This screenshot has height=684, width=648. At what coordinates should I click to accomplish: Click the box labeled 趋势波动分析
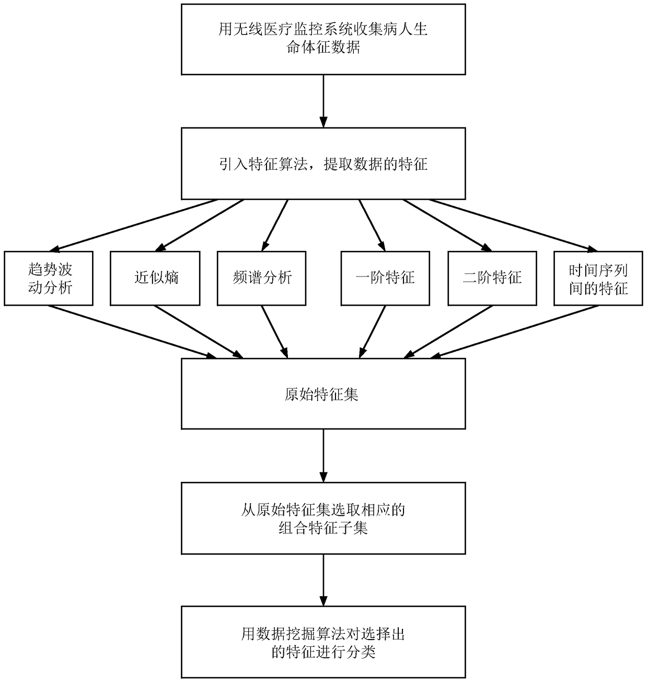point(49,279)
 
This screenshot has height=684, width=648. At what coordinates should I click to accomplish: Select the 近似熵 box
point(155,279)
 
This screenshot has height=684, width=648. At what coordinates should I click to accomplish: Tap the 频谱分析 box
point(261,279)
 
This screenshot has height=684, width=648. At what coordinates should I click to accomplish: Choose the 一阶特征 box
point(385,279)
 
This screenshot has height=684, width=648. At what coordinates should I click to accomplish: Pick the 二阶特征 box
point(492,279)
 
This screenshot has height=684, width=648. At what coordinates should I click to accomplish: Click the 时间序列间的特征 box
point(598,279)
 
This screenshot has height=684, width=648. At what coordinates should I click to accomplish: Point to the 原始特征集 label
point(322,395)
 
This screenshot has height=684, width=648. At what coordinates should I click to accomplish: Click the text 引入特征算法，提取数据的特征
point(323,165)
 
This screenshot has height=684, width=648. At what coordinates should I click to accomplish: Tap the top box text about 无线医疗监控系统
point(323,38)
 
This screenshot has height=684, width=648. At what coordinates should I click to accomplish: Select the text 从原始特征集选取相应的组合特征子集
point(323,518)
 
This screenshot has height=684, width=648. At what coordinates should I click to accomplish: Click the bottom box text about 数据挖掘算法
point(323,643)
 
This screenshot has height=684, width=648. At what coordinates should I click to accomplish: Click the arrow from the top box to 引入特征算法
point(323,101)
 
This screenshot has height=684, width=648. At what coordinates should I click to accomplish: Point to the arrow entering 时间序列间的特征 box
point(515,226)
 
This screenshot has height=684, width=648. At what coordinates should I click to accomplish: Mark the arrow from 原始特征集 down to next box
point(323,455)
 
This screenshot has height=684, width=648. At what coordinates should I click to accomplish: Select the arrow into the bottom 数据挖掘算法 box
point(323,579)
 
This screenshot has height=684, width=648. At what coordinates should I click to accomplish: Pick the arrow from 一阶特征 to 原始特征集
point(373,331)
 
